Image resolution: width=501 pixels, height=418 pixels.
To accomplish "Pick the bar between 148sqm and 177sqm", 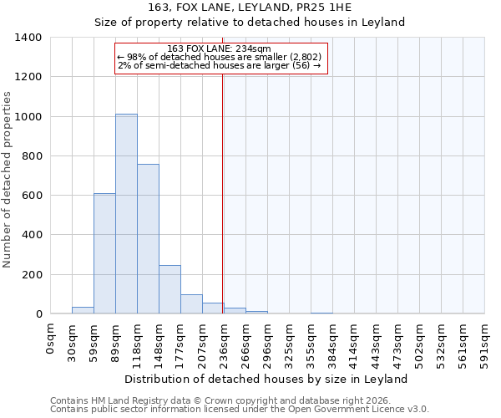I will pos(170,289).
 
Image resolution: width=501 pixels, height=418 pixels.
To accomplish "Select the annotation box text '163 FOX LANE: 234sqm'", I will pos(219,48).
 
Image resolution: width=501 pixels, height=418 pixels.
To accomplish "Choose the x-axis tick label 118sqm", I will pos(138,342).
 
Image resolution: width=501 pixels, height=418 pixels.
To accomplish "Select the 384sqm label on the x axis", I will pos(332,342).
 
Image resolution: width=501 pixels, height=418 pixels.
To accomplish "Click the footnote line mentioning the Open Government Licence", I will pos(240,410).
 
